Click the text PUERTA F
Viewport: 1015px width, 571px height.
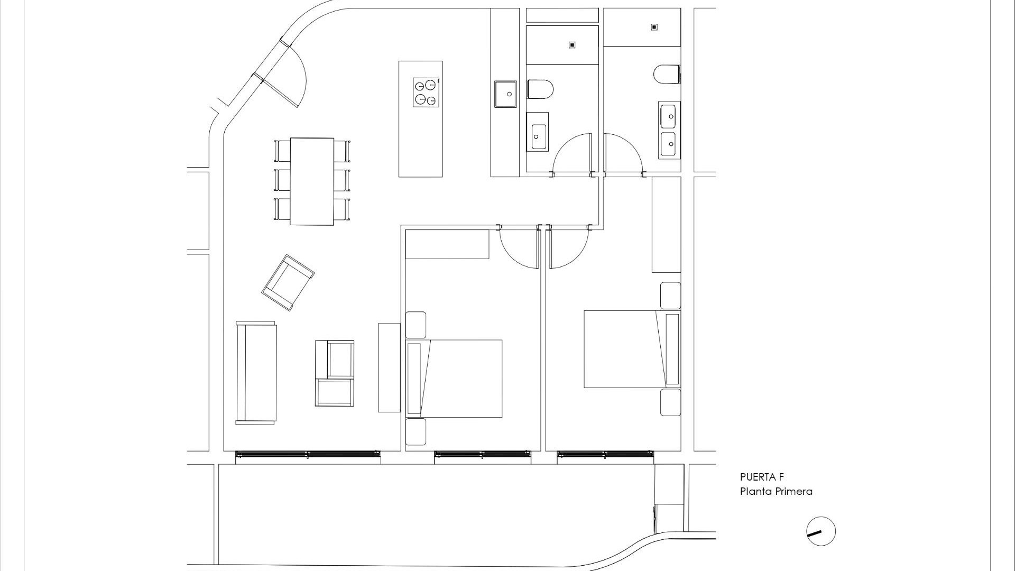pos(761,477)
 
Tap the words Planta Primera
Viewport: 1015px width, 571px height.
pos(776,492)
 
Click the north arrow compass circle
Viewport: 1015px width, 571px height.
pos(820,531)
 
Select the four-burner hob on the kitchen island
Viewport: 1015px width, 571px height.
pos(426,92)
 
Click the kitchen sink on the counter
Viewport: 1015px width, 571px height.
pos(505,94)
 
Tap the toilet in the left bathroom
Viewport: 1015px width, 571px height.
pos(540,89)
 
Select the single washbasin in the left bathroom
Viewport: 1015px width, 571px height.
pos(538,132)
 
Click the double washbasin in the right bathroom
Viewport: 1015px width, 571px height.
pos(669,130)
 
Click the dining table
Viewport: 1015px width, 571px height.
pos(311,181)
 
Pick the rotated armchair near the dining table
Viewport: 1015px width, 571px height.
pos(288,282)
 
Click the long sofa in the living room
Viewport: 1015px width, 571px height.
pos(256,373)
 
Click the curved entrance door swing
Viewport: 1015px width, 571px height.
pos(288,79)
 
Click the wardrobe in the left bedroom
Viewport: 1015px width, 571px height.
pos(447,244)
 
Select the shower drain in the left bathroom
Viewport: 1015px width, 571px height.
pos(571,45)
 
